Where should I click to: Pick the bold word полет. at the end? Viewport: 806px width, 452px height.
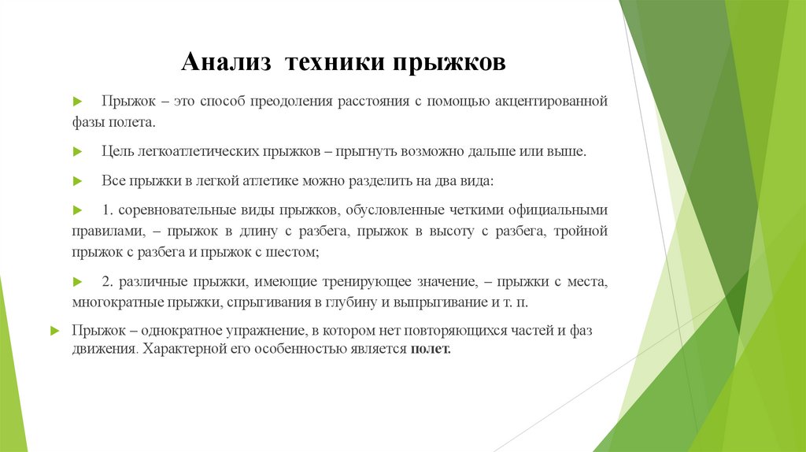click(x=431, y=350)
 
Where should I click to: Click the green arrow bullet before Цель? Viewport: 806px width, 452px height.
click(x=77, y=151)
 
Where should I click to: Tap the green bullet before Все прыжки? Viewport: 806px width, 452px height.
click(x=77, y=180)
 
